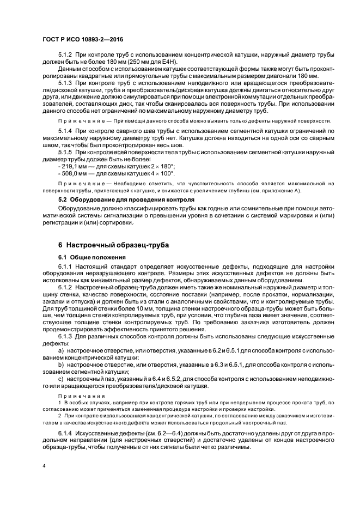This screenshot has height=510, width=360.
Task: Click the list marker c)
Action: pyautogui.click(x=61, y=378)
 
